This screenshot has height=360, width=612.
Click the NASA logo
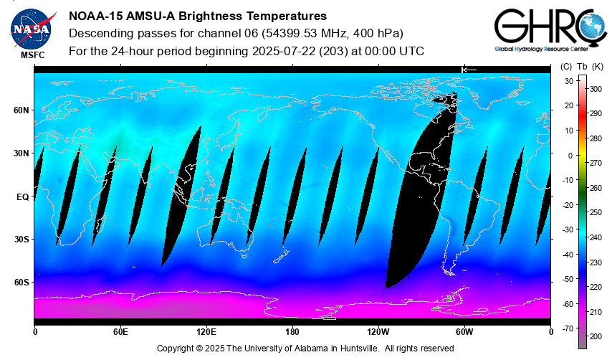pyautogui.click(x=31, y=27)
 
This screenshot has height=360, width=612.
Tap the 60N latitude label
pyautogui.click(x=21, y=110)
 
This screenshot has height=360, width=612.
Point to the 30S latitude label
pyautogui.click(x=21, y=240)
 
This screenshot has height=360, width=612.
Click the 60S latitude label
pyautogui.click(x=21, y=283)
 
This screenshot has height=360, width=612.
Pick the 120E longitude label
pyautogui.click(x=206, y=332)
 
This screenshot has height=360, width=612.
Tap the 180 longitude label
pyautogui.click(x=292, y=332)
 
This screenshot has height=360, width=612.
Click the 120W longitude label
pyautogui.click(x=378, y=332)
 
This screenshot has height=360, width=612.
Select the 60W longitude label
pyautogui.click(x=464, y=332)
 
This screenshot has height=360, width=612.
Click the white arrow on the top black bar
pyautogui.click(x=469, y=69)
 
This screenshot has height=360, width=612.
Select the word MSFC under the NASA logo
pyautogui.click(x=32, y=55)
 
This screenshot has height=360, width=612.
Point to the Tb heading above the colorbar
pyautogui.click(x=583, y=67)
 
